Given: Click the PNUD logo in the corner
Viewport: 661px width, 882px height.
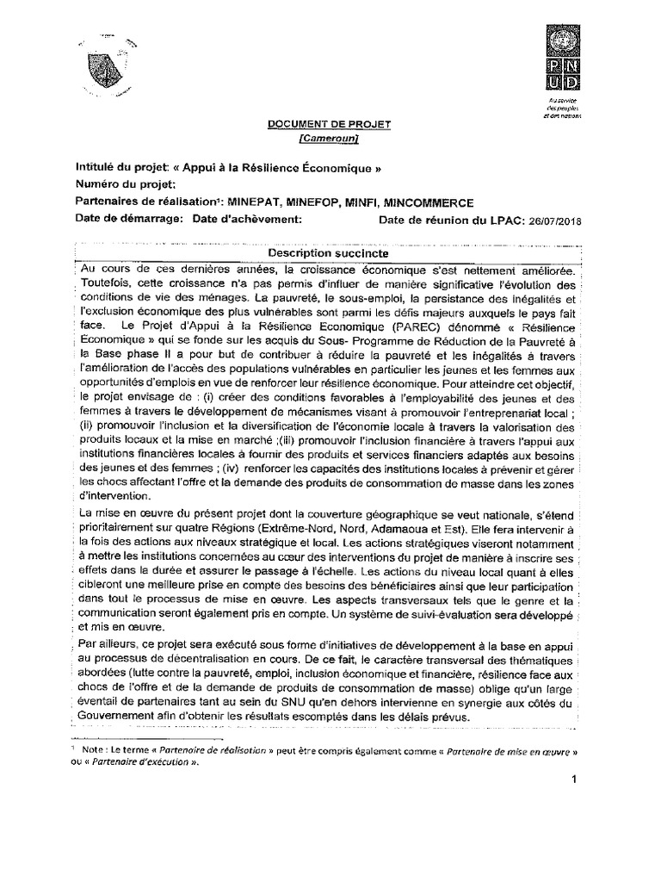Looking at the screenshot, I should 562,58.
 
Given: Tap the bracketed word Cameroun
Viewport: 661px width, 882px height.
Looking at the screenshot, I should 327,139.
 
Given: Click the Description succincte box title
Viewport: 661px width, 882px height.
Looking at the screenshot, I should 327,254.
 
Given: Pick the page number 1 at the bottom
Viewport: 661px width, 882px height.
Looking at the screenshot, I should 571,780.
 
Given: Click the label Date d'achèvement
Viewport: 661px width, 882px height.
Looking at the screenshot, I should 247,220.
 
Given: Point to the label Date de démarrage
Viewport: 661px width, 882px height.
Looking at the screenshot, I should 129,220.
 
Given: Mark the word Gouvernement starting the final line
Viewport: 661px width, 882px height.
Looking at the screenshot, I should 120,719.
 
